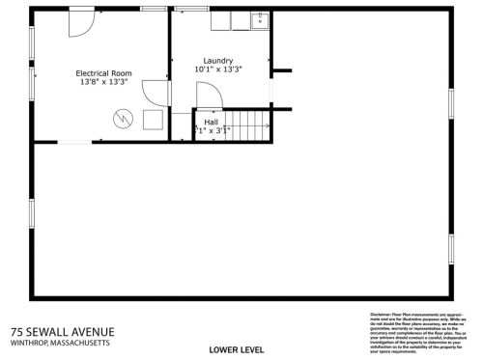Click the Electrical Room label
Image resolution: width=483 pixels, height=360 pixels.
(x=103, y=73)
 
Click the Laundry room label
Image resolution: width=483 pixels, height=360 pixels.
(x=217, y=60)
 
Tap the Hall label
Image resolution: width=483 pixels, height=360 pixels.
(x=211, y=122)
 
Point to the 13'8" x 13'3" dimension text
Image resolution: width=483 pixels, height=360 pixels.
(x=103, y=83)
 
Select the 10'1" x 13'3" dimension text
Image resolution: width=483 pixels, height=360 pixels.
(x=217, y=69)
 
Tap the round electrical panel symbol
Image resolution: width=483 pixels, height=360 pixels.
(x=122, y=118)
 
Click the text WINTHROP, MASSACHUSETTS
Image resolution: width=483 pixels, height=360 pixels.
(x=60, y=343)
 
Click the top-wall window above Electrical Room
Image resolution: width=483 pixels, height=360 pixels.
(x=154, y=9)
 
